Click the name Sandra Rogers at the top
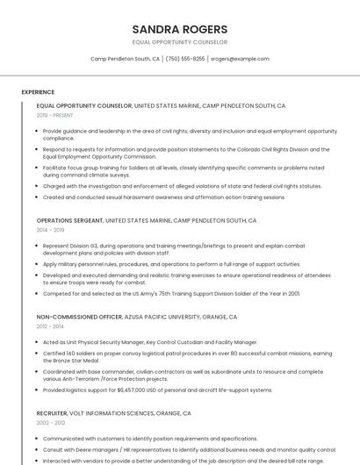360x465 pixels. click(179, 29)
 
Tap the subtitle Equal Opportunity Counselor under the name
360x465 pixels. click(179, 42)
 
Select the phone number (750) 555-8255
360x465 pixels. click(184, 59)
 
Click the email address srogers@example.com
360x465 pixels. click(240, 59)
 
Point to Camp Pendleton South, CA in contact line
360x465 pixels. click(125, 59)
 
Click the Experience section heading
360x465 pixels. click(38, 92)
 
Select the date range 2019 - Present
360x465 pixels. click(55, 115)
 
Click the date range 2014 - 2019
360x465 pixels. click(51, 230)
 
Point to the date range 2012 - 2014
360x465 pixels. click(51, 325)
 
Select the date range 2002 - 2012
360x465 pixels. click(51, 422)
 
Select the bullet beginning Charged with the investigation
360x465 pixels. click(182, 186)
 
